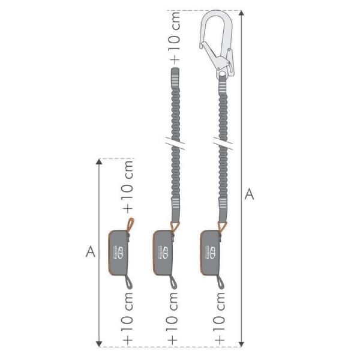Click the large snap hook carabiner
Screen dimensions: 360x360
coord(217,42)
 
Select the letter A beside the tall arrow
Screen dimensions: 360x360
coord(250,194)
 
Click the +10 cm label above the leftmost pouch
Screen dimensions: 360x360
coord(128,186)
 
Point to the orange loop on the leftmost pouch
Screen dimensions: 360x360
coord(130,224)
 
